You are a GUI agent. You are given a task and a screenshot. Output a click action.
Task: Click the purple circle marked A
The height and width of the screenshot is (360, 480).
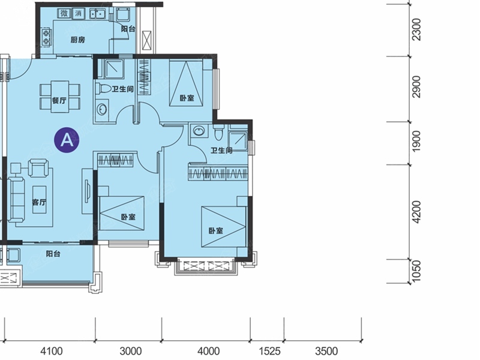pos(67,140)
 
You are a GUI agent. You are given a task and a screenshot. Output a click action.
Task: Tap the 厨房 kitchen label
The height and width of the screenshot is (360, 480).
pos(78,40)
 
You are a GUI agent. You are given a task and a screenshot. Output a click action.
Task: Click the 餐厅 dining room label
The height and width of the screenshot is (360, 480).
pos(59,100)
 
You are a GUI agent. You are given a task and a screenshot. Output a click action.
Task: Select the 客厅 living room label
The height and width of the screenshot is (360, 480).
pos(39,202)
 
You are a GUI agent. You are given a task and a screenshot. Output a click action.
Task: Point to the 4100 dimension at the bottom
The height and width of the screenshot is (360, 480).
pos(52,351)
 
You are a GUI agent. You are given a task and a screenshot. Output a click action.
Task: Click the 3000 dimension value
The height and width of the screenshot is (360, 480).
pos(131,351)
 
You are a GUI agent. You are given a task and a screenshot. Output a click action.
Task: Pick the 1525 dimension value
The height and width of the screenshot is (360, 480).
pos(269,351)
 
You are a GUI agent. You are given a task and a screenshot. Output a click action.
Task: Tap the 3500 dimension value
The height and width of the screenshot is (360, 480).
pos(326,351)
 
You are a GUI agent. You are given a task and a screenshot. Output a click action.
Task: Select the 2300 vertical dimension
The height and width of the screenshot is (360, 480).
pos(416,29)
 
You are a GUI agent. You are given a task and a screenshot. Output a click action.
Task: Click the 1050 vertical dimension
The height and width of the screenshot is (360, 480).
pos(416,272)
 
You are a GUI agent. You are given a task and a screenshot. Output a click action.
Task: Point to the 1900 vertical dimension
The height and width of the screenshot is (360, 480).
pos(416,141)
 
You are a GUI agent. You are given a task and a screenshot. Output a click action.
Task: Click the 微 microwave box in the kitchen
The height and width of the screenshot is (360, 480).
pos(64,13)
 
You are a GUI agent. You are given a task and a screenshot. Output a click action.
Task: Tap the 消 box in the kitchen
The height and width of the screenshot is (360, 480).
pos(79,13)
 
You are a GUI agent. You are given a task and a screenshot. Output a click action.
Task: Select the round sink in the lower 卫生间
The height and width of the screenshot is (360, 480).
pos(199,131)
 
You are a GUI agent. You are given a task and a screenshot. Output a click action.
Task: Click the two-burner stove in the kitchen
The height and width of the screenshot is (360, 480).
pos(47,37)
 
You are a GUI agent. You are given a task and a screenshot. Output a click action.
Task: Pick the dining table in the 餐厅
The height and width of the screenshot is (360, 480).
pos(59,97)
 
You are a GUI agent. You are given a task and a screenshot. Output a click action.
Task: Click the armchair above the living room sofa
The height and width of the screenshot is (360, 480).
pos(38,168)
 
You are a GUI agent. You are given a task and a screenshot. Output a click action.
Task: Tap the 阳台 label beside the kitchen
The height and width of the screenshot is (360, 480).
pos(128,29)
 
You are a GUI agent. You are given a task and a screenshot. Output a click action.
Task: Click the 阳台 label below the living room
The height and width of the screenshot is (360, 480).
pos(53,254)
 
